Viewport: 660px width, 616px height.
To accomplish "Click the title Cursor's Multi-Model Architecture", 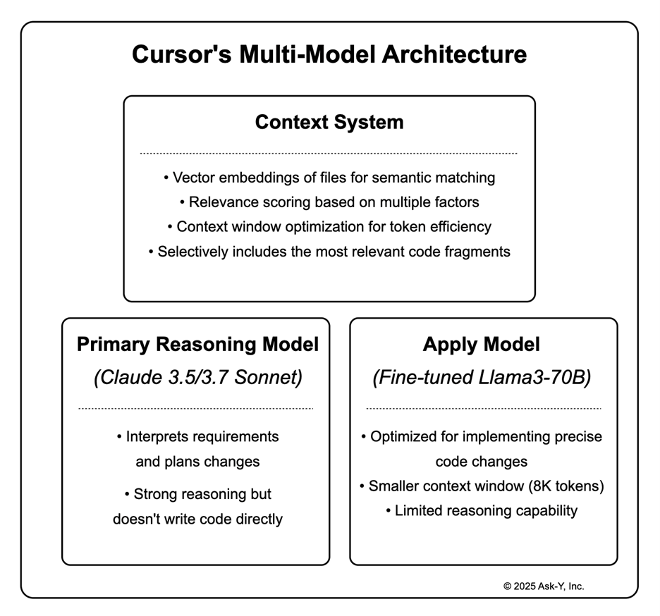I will [x=329, y=54].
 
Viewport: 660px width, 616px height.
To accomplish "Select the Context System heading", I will [x=329, y=122].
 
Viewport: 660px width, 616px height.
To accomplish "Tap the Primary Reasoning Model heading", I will [x=197, y=345].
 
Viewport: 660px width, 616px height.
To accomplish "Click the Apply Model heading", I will [x=482, y=345].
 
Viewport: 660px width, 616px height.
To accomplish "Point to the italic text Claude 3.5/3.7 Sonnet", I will [x=197, y=378].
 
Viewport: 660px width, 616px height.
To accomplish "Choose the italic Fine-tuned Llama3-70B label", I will [x=482, y=378].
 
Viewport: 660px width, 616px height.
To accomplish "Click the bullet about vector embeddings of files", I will [x=329, y=178].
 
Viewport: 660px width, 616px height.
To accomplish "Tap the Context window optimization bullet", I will [x=329, y=227].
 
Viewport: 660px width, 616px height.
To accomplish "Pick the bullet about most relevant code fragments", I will [x=329, y=252].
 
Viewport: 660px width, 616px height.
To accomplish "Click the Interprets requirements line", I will [x=197, y=437].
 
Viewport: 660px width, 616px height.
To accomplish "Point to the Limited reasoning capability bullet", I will [x=482, y=511].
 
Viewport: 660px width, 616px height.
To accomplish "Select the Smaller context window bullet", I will [x=482, y=486].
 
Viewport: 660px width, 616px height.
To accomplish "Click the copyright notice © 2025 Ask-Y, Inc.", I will [x=544, y=586].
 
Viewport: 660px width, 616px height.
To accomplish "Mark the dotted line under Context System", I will [x=329, y=153].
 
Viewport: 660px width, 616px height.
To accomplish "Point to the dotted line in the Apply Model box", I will [x=484, y=408].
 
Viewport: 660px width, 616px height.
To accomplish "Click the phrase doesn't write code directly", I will [x=197, y=519].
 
